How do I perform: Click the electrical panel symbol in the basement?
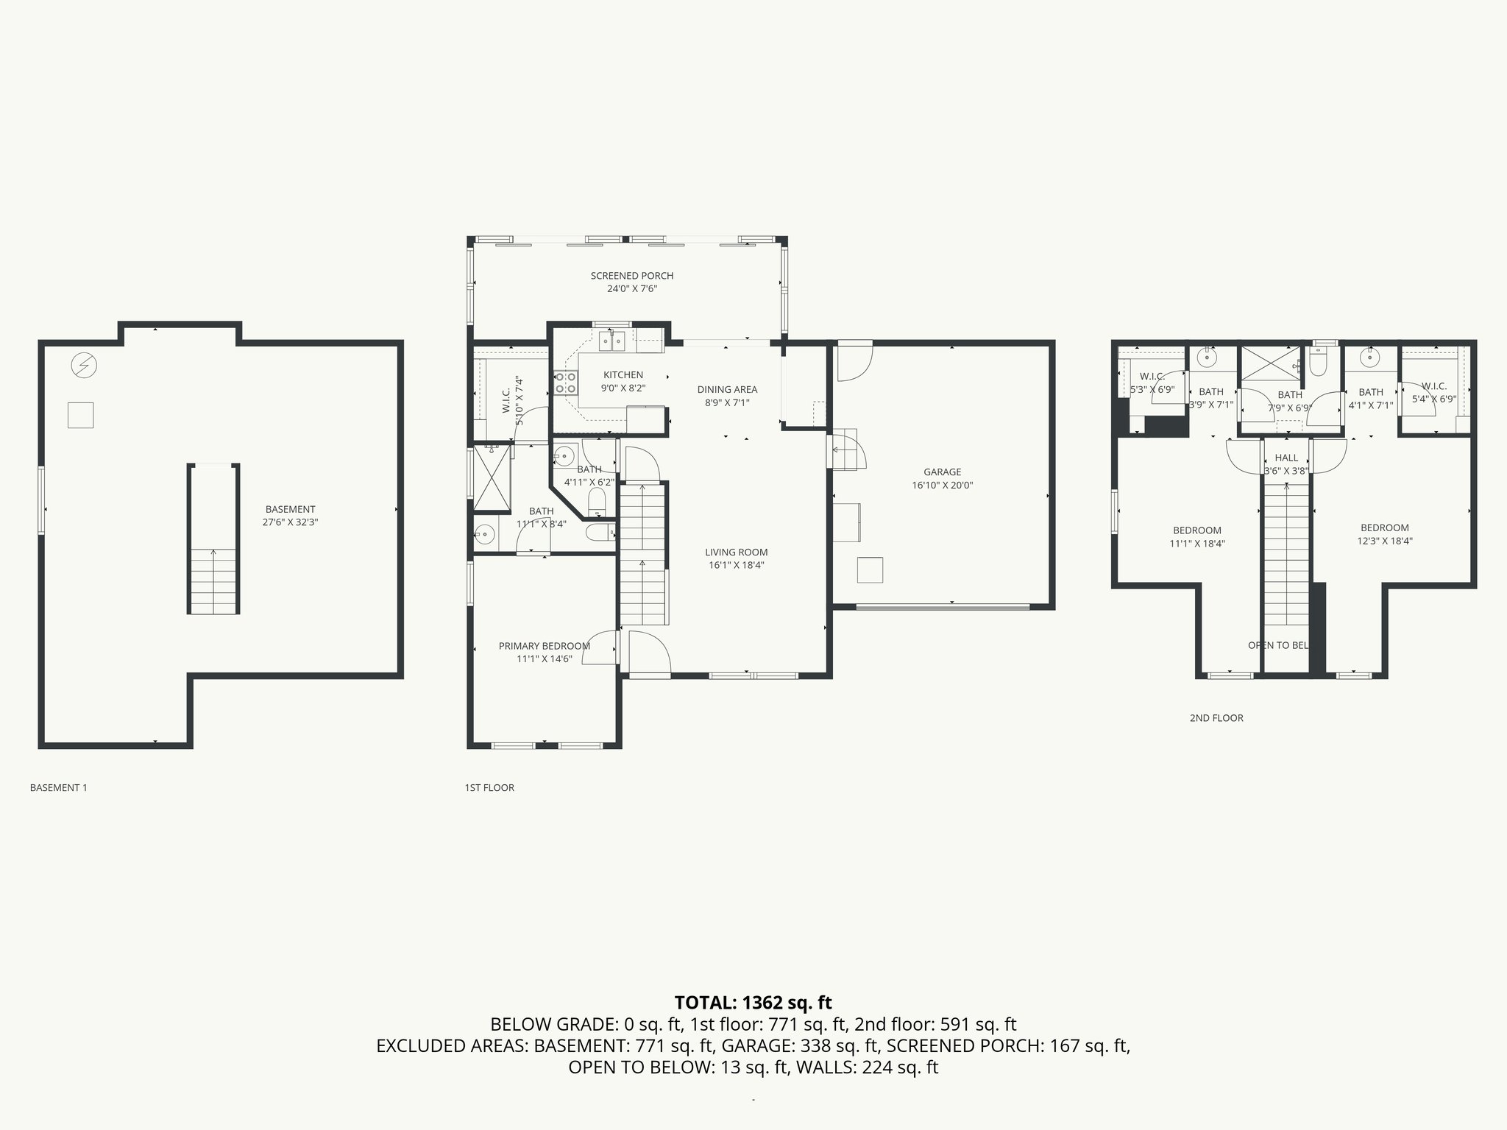point(84,364)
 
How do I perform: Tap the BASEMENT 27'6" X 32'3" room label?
point(290,516)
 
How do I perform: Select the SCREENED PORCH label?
point(631,276)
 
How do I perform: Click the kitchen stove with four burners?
point(566,383)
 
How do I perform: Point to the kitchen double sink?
point(611,340)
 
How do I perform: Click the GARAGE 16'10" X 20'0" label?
point(942,479)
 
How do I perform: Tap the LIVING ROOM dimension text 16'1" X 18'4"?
point(736,565)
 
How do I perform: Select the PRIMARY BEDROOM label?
point(544,646)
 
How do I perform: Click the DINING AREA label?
point(727,389)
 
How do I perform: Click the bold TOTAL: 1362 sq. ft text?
point(753,1002)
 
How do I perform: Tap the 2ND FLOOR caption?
point(1216,718)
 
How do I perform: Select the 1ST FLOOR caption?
point(489,788)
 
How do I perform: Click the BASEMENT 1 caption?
point(58,788)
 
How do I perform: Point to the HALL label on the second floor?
point(1286,458)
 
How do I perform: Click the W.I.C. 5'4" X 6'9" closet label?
point(1433,386)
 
